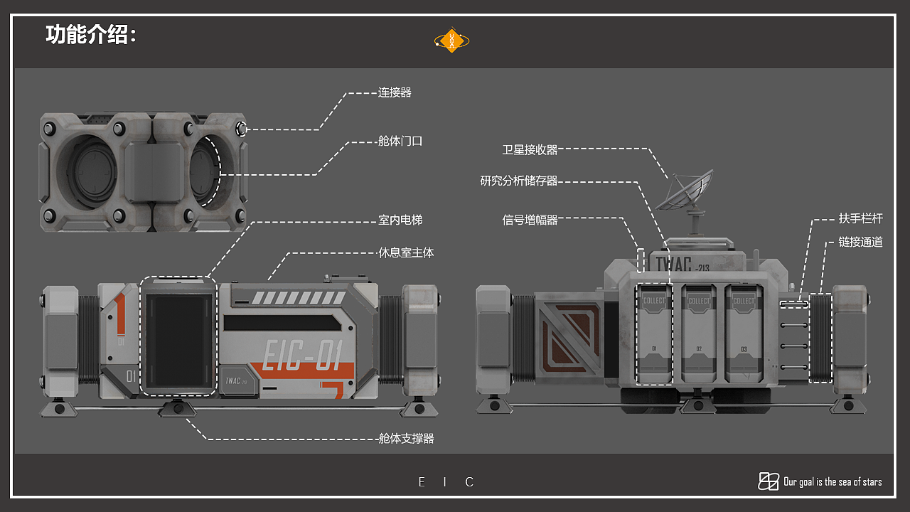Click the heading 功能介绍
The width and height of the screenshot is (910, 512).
(90, 35)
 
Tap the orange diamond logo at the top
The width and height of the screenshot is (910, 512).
(452, 41)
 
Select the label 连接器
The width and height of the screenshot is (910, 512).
(395, 92)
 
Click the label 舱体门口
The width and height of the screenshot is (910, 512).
(400, 141)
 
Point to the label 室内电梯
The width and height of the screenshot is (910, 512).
(400, 220)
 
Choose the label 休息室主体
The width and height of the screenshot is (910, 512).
(406, 252)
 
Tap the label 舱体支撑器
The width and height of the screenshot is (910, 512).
(406, 439)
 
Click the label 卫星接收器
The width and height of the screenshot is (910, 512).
(530, 149)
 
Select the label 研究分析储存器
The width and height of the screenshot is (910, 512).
(519, 181)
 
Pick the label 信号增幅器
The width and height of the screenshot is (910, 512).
(530, 220)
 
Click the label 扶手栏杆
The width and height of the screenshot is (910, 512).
(860, 219)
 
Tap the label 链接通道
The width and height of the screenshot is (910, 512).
(860, 242)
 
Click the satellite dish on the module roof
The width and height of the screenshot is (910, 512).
(682, 191)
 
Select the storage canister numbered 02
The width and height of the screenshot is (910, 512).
(699, 333)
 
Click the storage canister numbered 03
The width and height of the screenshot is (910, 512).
(744, 333)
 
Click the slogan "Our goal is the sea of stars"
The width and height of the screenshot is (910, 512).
(833, 482)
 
